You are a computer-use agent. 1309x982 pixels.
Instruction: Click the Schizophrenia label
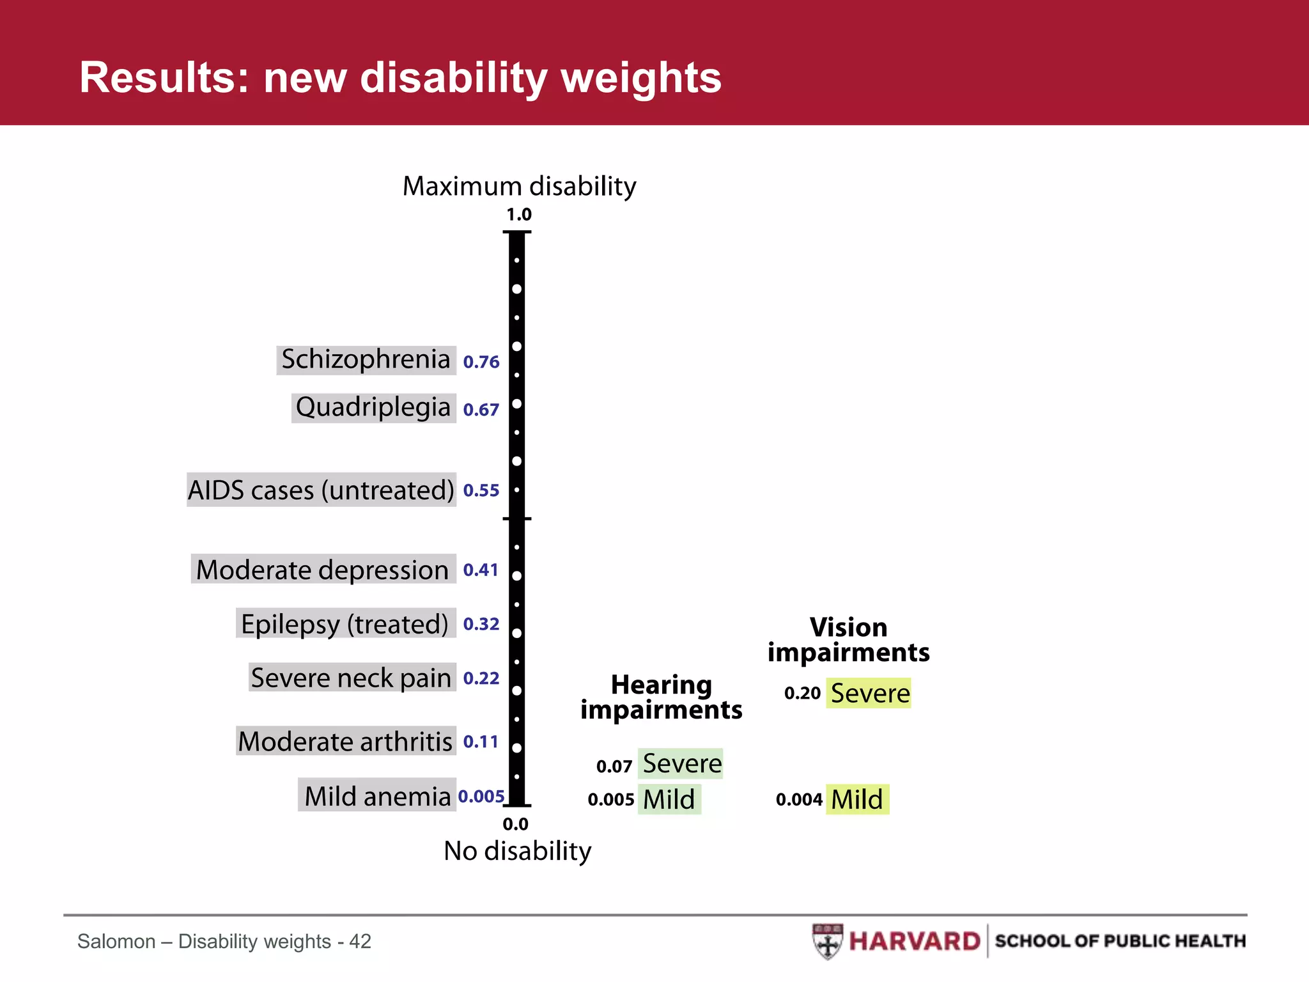[366, 359]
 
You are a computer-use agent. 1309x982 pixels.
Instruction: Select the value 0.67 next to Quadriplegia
[481, 410]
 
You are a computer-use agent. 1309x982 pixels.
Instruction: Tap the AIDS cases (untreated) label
[321, 490]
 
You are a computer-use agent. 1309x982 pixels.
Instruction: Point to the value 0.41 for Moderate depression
[481, 570]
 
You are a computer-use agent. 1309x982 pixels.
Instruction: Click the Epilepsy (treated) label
[345, 624]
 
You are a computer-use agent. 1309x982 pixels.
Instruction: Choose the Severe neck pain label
[352, 678]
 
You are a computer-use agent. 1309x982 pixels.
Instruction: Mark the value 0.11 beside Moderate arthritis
[481, 742]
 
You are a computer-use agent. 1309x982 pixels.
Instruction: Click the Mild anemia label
[377, 796]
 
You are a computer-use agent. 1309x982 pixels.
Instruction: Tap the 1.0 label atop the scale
[518, 215]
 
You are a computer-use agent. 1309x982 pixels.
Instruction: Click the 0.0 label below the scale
[515, 825]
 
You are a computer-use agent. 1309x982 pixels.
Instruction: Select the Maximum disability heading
[519, 187]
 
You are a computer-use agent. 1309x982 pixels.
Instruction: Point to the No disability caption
[518, 851]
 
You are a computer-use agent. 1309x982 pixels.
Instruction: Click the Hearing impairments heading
[661, 698]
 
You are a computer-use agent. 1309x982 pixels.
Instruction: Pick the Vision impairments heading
[848, 640]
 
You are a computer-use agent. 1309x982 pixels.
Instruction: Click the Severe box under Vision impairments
[869, 693]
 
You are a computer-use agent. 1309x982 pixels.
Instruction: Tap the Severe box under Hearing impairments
[681, 763]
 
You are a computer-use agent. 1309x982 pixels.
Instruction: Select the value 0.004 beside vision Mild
[799, 800]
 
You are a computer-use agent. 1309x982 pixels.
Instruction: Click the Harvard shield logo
[828, 941]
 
